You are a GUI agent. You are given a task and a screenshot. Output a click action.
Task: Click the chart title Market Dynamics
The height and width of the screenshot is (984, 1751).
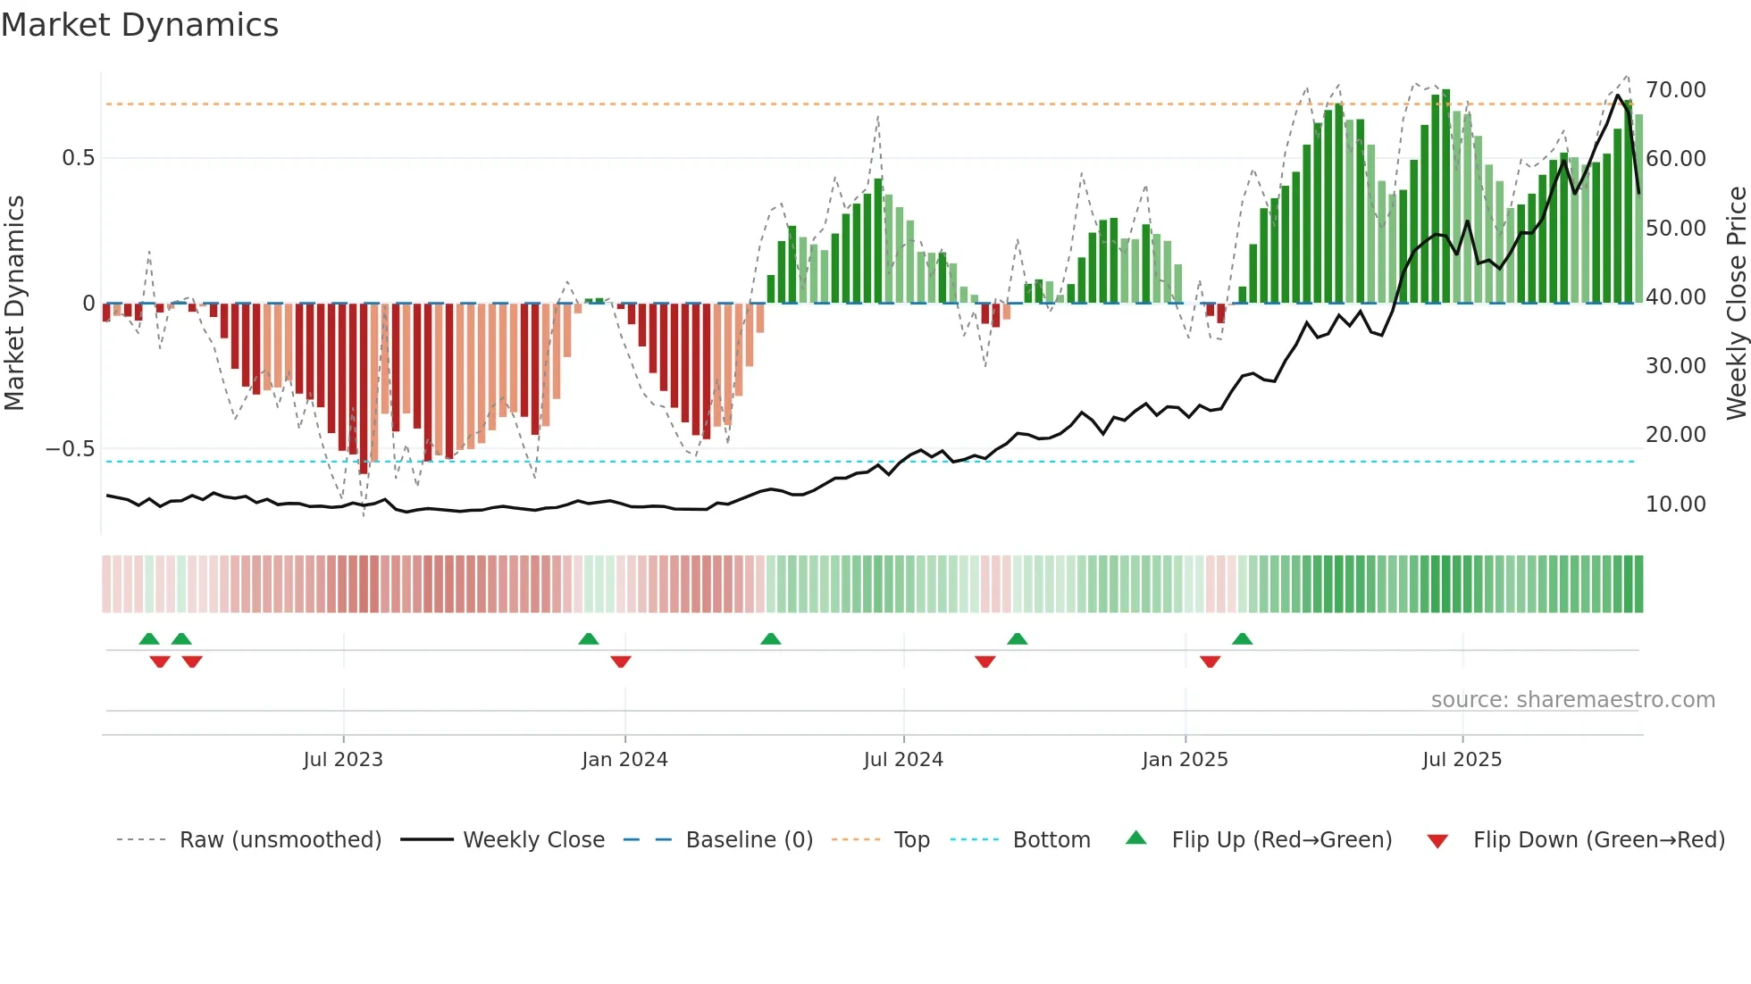[139, 25]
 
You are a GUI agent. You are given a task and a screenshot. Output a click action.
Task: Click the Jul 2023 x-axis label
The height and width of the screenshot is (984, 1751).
[343, 760]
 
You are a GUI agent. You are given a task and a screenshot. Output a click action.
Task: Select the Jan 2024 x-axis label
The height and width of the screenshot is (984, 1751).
[624, 760]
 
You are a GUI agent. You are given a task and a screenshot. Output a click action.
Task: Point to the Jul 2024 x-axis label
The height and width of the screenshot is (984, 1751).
[903, 760]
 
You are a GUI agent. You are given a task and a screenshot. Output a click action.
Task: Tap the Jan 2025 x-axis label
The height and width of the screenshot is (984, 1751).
[1185, 760]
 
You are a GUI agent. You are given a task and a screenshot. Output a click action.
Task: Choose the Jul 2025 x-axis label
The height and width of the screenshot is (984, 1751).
[1462, 760]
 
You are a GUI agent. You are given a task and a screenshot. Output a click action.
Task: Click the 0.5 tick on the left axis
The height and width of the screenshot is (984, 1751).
[78, 158]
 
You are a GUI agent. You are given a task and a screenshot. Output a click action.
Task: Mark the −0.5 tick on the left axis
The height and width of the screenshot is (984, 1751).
[71, 449]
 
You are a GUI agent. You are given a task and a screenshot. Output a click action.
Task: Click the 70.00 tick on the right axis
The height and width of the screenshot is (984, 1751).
[1676, 90]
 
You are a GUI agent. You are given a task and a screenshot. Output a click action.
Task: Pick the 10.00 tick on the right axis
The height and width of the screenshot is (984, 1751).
[1676, 505]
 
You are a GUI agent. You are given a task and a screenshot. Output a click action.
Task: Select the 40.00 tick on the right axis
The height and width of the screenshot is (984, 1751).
[1676, 297]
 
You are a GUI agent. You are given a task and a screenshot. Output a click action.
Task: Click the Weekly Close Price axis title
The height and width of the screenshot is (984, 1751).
[1736, 303]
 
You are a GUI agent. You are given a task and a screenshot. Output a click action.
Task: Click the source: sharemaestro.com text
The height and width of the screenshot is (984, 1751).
[1572, 700]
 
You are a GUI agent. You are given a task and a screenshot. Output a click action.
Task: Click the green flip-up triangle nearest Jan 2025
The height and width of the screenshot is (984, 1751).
[1242, 638]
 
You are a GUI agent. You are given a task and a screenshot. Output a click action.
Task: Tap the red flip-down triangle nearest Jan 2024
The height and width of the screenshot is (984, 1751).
[621, 662]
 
